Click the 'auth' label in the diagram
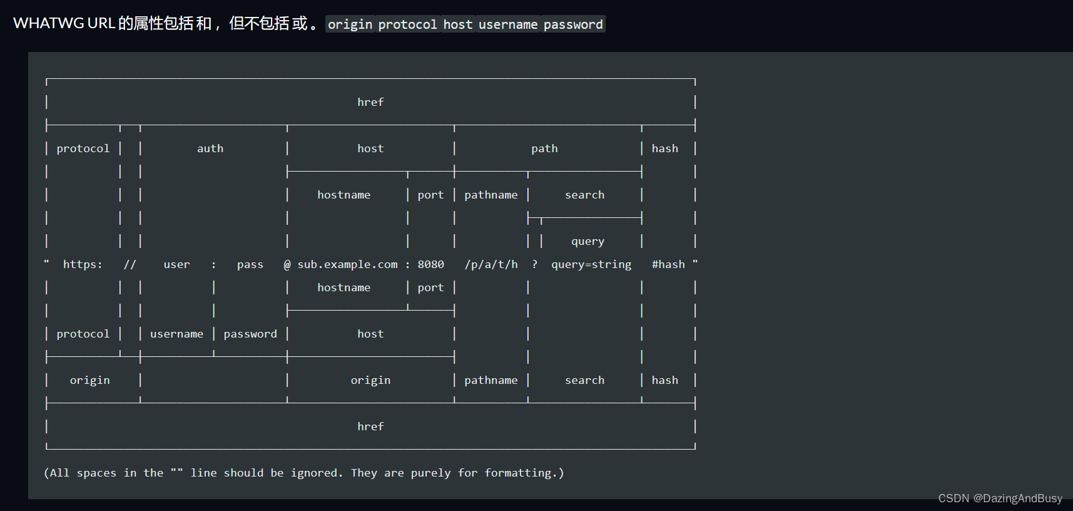pyautogui.click(x=210, y=148)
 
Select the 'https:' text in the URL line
pyautogui.click(x=83, y=264)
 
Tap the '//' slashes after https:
pyautogui.click(x=130, y=264)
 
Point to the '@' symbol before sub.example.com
pyautogui.click(x=287, y=264)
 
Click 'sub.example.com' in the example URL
pyautogui.click(x=347, y=264)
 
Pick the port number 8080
pyautogui.click(x=431, y=264)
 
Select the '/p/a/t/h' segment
pyautogui.click(x=491, y=264)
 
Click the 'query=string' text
pyautogui.click(x=591, y=264)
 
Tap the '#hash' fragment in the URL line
pyautogui.click(x=668, y=264)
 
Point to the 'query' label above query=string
pyautogui.click(x=587, y=241)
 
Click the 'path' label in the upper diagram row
pyautogui.click(x=544, y=148)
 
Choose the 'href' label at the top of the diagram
pyautogui.click(x=370, y=102)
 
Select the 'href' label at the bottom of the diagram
pyautogui.click(x=370, y=426)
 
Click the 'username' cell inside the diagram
pyautogui.click(x=176, y=334)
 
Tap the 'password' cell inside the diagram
pyautogui.click(x=250, y=334)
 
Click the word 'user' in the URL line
pyautogui.click(x=176, y=264)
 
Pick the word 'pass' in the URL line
pyautogui.click(x=250, y=264)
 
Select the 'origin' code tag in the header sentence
pyautogui.click(x=350, y=24)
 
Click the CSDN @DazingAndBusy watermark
pyautogui.click(x=1000, y=498)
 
